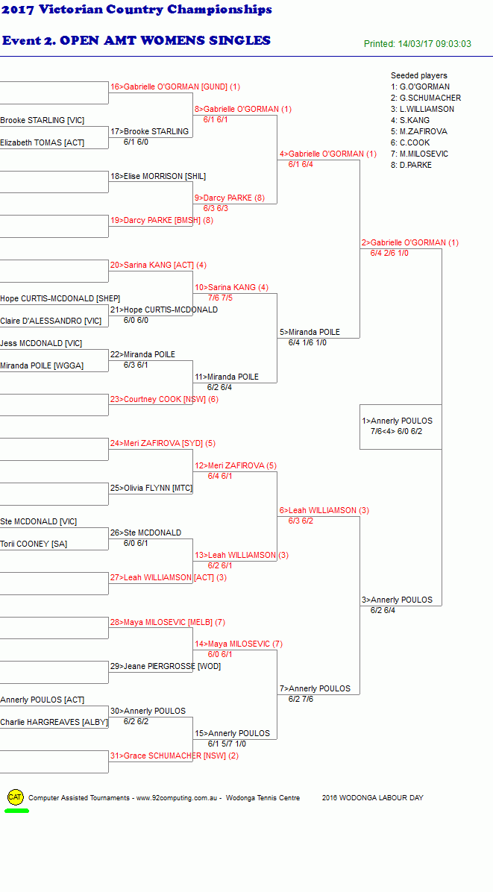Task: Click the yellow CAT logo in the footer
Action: coord(16,797)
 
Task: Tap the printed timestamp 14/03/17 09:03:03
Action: coord(434,44)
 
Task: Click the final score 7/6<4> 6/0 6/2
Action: coord(396,431)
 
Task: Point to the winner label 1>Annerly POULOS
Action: coord(397,421)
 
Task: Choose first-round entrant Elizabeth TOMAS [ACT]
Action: coord(42,142)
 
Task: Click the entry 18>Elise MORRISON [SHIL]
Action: coord(158,176)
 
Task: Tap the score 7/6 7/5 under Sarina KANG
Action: coord(219,298)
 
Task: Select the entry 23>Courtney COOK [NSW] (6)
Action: coord(164,399)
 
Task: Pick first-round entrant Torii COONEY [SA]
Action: coord(34,544)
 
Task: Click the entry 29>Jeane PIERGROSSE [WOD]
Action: coord(166,666)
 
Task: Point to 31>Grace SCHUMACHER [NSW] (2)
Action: coord(174,756)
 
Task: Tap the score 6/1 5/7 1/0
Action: coord(227,744)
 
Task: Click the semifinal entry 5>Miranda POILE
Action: coord(310,332)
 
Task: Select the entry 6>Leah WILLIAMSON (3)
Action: coord(324,510)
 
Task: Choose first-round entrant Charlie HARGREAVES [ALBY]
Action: coord(54,723)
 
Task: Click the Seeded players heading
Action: coord(419,75)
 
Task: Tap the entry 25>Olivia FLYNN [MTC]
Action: coord(151,488)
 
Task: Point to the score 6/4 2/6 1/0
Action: coord(389,253)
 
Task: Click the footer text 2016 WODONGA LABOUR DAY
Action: coord(372,797)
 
